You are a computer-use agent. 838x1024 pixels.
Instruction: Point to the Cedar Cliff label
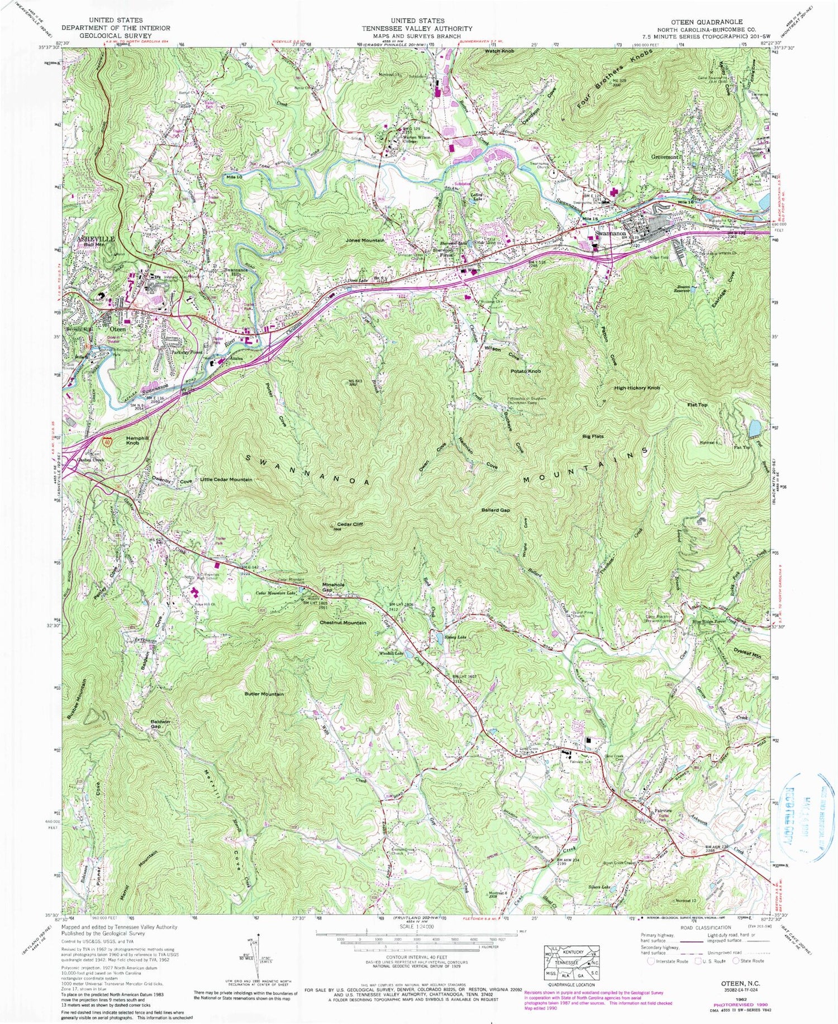pos(350,524)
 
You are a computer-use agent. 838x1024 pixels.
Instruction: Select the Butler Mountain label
pos(264,694)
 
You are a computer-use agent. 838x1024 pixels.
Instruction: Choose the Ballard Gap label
pos(496,510)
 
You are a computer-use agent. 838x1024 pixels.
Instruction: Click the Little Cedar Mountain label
pos(226,480)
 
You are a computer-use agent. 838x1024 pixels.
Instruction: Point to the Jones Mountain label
pos(365,240)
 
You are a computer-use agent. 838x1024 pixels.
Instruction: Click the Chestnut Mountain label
pos(344,622)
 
